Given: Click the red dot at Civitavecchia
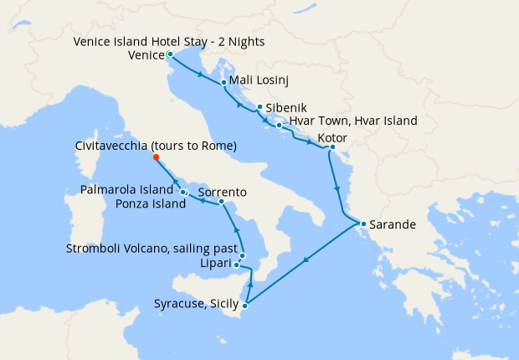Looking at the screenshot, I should click(156, 157).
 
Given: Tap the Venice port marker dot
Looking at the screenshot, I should click(170, 54).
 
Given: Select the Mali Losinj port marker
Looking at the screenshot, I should click(224, 83).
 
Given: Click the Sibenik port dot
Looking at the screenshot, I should click(259, 107).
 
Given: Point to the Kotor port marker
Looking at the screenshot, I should click(332, 148).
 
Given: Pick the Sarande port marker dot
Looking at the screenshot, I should click(362, 224).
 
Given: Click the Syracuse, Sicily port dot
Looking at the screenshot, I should click(244, 306).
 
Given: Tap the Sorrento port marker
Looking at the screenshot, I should click(220, 202).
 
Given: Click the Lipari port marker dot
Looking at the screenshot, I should click(237, 265).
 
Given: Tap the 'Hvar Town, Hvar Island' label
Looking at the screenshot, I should click(353, 121).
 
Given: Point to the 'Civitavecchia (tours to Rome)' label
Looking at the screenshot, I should click(155, 146).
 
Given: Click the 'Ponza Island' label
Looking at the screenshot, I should click(151, 204).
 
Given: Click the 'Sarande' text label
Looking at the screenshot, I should click(393, 224).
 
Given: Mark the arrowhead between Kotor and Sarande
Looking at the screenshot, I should click(337, 188).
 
